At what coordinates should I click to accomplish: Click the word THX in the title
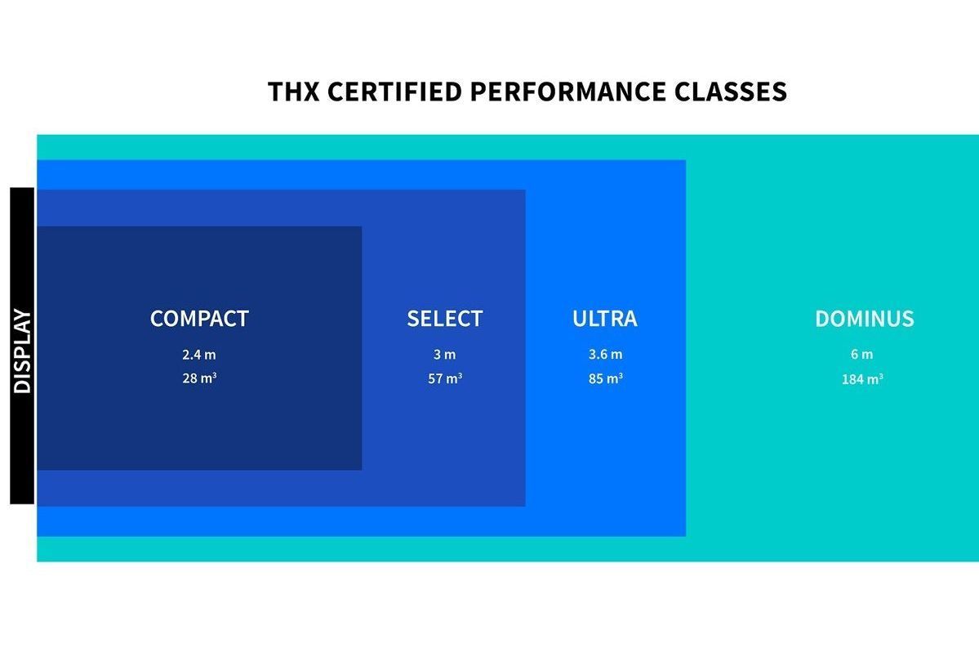[x=293, y=92]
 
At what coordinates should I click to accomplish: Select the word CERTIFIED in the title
[x=394, y=92]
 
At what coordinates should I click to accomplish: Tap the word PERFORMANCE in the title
[x=567, y=92]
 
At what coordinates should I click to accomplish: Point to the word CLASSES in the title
[x=731, y=92]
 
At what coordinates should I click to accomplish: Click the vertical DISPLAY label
[x=23, y=351]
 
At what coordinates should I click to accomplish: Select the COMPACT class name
[x=199, y=319]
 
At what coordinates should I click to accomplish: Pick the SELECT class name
[x=444, y=319]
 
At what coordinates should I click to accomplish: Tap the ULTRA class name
[x=605, y=319]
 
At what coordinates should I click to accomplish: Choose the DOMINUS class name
[x=864, y=319]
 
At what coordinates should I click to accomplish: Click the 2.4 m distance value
[x=199, y=355]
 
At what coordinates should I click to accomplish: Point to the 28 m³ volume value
[x=199, y=378]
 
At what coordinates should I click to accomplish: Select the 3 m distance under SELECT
[x=444, y=355]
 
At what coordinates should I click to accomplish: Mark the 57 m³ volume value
[x=444, y=378]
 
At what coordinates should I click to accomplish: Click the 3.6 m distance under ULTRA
[x=605, y=355]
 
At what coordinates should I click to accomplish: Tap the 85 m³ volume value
[x=605, y=378]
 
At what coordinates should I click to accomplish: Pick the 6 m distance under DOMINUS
[x=861, y=355]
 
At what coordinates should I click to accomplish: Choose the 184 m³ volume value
[x=862, y=378]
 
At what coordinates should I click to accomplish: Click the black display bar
[x=23, y=346]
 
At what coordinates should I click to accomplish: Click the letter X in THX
[x=310, y=92]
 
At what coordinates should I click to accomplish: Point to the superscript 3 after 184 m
[x=881, y=376]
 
